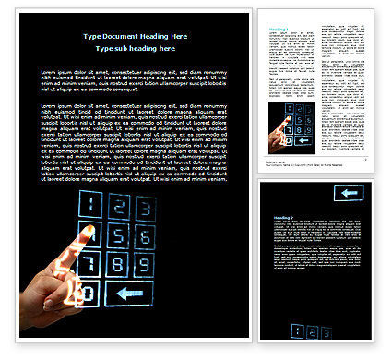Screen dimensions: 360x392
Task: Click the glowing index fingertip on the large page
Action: point(89,228)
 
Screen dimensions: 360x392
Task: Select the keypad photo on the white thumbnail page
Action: point(290,126)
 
